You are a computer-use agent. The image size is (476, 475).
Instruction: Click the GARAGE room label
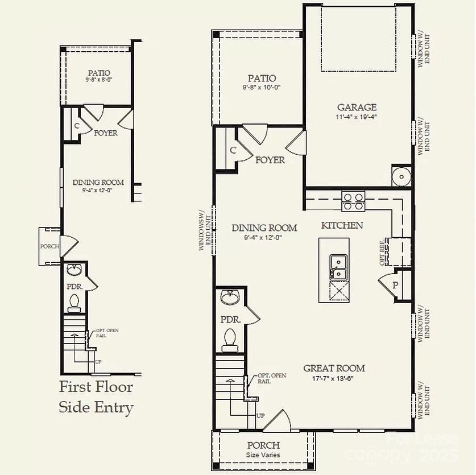point(357,107)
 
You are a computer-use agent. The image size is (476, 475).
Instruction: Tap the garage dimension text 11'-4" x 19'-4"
point(357,117)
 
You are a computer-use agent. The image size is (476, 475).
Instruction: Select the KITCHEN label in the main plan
point(342,225)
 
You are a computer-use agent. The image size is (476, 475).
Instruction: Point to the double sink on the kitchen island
point(338,267)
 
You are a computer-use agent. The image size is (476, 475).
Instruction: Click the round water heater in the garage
point(402,176)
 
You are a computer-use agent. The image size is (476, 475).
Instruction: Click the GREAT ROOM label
point(334,368)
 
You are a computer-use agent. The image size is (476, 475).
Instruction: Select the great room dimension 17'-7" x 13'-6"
point(334,378)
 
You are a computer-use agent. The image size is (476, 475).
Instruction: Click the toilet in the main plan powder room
point(230,339)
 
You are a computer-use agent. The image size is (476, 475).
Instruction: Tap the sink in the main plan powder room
point(231,297)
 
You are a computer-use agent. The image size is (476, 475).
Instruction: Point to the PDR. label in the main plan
point(230,320)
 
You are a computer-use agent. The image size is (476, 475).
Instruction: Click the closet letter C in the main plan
point(233,150)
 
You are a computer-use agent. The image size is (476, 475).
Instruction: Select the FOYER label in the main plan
point(270,160)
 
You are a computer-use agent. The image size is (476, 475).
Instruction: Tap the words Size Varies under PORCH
point(263,455)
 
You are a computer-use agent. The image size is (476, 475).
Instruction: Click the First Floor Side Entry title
point(96,397)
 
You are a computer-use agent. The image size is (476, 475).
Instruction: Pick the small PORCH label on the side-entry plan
point(49,246)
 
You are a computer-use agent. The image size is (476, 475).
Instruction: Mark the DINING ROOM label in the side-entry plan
point(98,183)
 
